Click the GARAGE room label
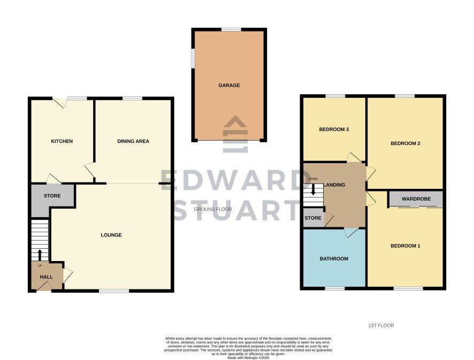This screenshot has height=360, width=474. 229,86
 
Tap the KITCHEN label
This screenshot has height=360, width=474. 62,141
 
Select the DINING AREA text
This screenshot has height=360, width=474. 133,141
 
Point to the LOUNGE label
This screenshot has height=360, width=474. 111,235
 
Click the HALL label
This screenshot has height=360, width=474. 46,277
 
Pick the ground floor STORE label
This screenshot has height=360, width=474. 52,196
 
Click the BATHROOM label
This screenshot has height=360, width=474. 334,259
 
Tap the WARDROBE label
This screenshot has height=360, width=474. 416,199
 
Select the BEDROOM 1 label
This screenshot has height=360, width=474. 406,246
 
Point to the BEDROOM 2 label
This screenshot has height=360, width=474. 406,143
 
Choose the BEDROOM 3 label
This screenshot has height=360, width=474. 334,129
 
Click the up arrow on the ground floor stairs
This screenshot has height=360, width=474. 40,255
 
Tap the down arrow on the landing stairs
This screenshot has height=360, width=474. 313,189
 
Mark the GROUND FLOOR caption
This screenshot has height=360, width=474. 213,209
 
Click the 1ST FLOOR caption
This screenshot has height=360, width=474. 381,326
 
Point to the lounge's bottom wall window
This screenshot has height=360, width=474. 114,291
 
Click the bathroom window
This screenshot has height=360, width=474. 335,288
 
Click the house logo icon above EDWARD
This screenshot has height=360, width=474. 235,134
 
